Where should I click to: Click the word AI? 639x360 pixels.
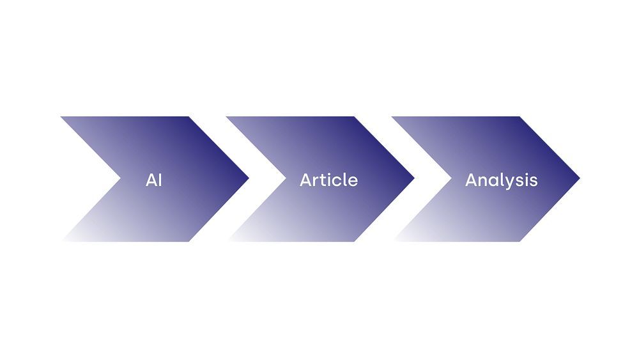tap(153, 180)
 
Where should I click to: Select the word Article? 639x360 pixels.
tap(329, 180)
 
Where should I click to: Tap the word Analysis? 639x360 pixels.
tap(501, 180)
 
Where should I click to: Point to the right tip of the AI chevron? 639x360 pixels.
tap(249, 178)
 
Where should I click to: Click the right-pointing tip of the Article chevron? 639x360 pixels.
tap(414, 178)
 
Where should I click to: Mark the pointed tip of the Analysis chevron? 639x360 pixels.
tap(580, 178)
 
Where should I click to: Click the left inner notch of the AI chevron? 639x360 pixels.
tap(121, 178)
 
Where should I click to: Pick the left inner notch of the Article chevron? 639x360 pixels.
tap(286, 178)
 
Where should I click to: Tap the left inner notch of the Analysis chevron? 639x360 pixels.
tap(452, 178)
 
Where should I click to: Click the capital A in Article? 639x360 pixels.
tap(306, 180)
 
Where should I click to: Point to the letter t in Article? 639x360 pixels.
tap(325, 180)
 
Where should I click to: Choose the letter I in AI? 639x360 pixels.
tap(160, 180)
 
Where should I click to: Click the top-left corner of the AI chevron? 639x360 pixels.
tap(61, 116)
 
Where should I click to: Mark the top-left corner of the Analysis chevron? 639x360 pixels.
tap(392, 116)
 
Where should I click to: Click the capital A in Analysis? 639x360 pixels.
tap(472, 180)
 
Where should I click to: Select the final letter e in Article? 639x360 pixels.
tap(353, 182)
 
